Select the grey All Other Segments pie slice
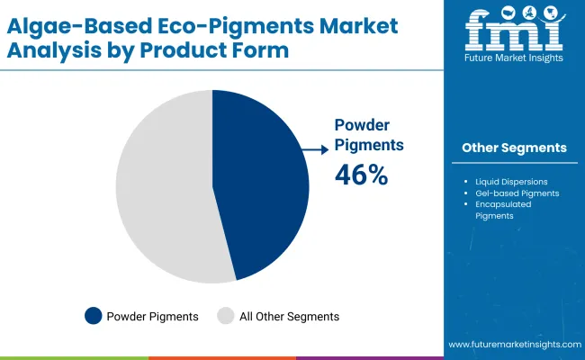point(162,189)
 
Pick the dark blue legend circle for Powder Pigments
point(94,316)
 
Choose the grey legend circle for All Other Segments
point(227,316)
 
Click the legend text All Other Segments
point(290,316)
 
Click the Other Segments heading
point(514,148)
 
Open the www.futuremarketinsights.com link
point(512,346)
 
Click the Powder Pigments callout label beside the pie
point(369,134)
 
